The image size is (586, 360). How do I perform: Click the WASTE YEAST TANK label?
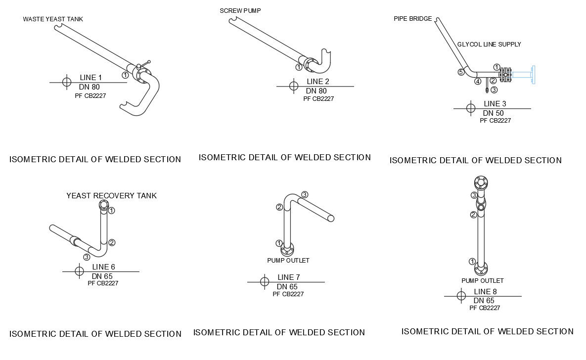point(53,19)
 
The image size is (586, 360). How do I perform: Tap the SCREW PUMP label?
point(240,11)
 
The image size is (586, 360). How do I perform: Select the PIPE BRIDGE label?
point(412,19)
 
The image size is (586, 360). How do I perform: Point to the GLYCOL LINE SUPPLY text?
point(489,44)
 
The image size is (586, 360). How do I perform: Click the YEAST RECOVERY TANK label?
point(111,195)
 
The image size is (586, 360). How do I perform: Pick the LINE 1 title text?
point(91,77)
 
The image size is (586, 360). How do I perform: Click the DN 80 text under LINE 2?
point(316,91)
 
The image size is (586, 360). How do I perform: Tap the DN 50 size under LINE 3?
point(494,113)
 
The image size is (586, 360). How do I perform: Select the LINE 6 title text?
point(103,267)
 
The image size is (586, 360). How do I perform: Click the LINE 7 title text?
point(288,277)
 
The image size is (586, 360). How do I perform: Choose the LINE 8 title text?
point(486,292)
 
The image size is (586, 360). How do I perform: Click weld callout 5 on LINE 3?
point(461,72)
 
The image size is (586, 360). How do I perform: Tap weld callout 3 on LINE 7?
point(305,195)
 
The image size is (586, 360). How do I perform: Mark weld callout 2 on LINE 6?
point(112,243)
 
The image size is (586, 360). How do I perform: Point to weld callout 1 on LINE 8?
point(472,262)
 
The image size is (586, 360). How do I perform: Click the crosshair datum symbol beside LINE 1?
point(67,82)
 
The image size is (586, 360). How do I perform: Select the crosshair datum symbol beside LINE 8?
point(461,296)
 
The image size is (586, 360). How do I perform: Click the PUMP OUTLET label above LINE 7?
point(288,261)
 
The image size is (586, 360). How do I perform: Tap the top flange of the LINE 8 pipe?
point(481,182)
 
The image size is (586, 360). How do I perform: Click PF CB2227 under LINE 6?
point(103,283)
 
